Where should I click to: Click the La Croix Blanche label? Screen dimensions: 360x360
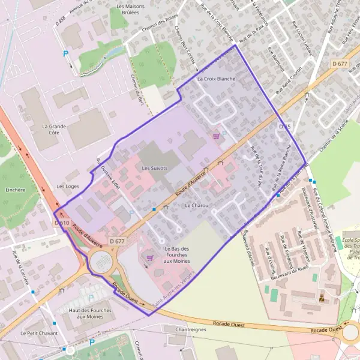[217, 79]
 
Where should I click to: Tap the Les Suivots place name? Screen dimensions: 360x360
[154, 169]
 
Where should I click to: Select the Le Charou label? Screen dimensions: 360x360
[197, 205]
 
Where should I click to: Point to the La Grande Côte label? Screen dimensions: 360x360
[53, 130]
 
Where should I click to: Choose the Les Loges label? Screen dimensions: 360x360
[68, 186]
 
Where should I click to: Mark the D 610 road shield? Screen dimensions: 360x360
[62, 222]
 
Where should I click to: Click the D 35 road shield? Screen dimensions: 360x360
[284, 127]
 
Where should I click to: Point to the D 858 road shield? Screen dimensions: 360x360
[60, 23]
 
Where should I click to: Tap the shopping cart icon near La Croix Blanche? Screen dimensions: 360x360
[215, 137]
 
